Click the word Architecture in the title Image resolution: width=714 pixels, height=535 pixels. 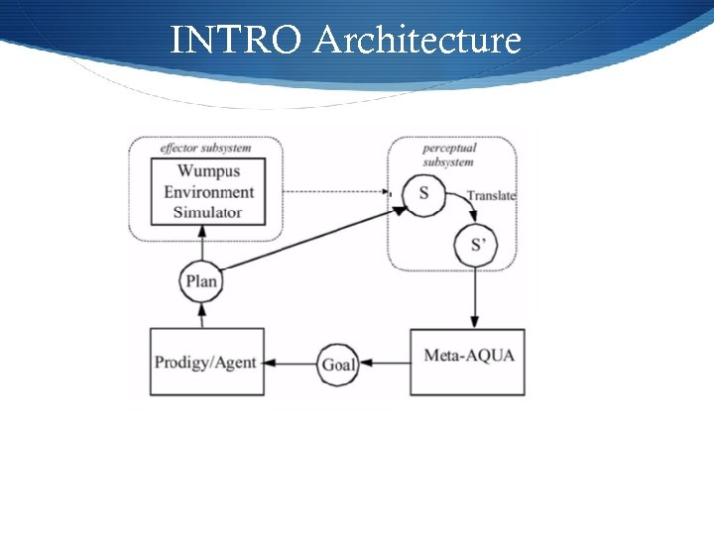[416, 41]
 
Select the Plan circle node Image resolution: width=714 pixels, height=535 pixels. [200, 280]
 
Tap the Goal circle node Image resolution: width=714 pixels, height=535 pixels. [338, 364]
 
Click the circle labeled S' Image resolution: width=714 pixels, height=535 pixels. [477, 245]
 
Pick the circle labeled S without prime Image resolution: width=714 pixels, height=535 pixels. [423, 192]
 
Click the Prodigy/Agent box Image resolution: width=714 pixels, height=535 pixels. [206, 363]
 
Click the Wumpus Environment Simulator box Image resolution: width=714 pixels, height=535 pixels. [208, 191]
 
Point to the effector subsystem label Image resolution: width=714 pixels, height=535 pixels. [205, 149]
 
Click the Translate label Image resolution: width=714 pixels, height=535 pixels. [491, 196]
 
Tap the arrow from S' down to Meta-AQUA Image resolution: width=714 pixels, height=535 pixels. [476, 297]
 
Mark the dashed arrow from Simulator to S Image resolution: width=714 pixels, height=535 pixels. [327, 191]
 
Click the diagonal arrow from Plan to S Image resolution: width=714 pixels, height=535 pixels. [307, 239]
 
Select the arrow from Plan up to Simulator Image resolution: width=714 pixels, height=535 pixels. [201, 243]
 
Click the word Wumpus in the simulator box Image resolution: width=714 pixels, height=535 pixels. [208, 172]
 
